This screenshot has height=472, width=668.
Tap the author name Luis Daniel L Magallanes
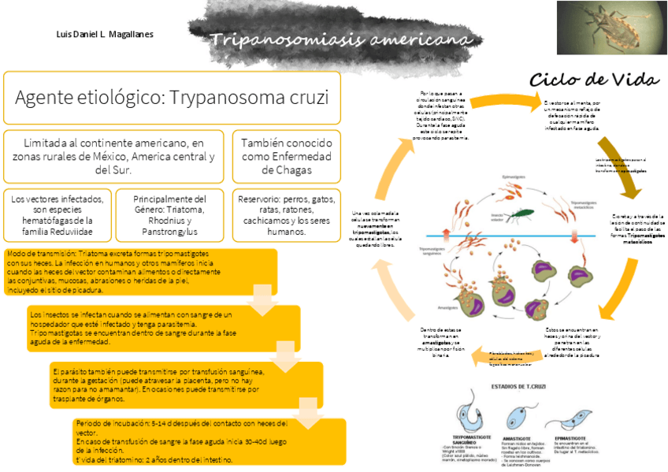105,35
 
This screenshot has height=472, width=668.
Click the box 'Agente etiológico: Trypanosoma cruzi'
172,98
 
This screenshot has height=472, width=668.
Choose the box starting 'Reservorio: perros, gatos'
287,215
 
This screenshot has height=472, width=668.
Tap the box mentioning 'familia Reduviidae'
58,215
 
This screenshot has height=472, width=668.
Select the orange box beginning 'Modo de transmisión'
140,271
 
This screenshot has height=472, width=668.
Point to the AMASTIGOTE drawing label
516,437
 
